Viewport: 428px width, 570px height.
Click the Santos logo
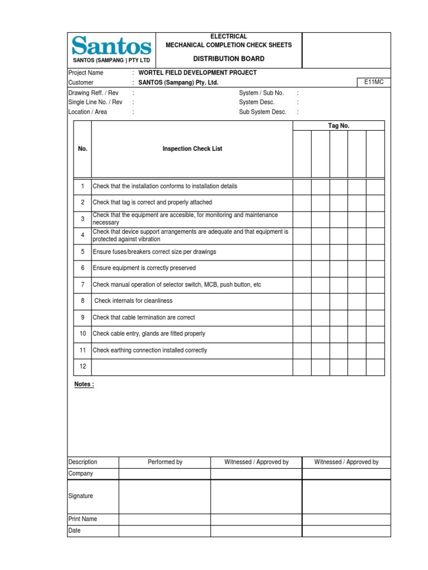(x=111, y=46)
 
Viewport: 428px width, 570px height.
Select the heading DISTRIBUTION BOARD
(x=228, y=58)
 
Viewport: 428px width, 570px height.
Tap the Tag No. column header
(x=338, y=126)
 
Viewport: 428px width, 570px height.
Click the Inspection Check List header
(x=192, y=149)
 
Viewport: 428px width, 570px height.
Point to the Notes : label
(x=84, y=385)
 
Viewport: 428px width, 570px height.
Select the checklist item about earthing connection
(x=150, y=351)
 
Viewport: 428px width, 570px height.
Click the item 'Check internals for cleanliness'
(x=133, y=301)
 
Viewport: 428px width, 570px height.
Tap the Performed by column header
(x=165, y=462)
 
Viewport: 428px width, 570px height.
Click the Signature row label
(x=81, y=496)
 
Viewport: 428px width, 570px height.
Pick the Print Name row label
(x=82, y=519)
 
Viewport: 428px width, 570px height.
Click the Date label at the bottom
(x=74, y=530)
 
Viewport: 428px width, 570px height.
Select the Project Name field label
(x=85, y=73)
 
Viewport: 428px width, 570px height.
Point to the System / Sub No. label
(x=261, y=93)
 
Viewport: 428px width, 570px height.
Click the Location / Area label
(x=87, y=112)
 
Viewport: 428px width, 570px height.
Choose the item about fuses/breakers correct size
(x=154, y=252)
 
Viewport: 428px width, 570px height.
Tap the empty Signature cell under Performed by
(x=164, y=496)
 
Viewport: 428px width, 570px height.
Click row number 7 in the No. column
(x=82, y=284)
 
